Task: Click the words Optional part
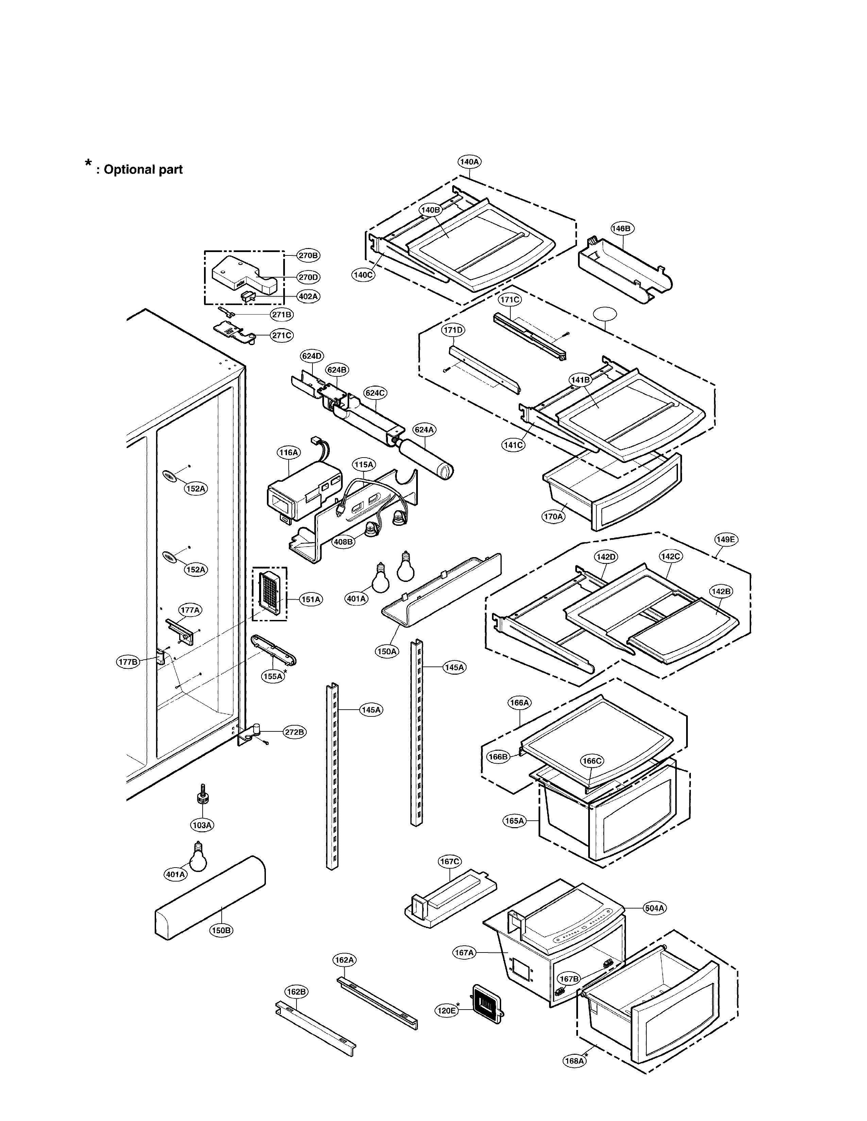(x=143, y=170)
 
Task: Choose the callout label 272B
(x=294, y=732)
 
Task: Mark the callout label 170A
(x=553, y=516)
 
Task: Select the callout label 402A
(x=308, y=296)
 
